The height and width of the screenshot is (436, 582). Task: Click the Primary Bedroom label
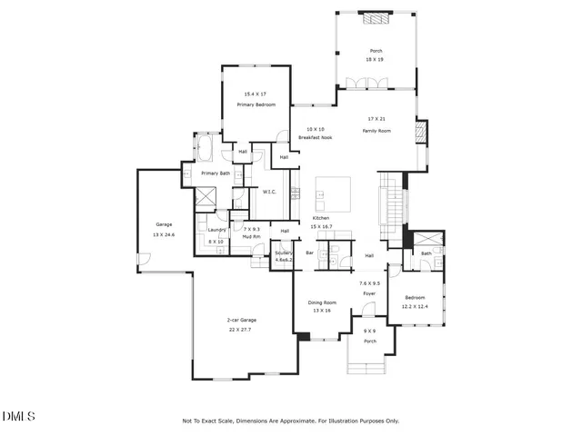256,105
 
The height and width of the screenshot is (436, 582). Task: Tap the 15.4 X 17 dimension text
256,94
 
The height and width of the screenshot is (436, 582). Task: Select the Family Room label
376,131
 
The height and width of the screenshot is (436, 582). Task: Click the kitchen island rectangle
333,193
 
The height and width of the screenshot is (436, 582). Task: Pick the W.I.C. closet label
269,192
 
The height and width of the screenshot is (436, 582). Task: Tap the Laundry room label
216,230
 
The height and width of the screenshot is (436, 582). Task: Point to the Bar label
309,253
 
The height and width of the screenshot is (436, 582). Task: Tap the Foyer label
369,293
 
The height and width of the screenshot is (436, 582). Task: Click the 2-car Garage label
242,321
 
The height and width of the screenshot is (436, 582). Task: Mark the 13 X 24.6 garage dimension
164,234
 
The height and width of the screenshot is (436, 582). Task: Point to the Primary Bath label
216,173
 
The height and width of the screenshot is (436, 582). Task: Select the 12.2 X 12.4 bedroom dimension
415,306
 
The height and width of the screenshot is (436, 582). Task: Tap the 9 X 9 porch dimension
370,331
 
